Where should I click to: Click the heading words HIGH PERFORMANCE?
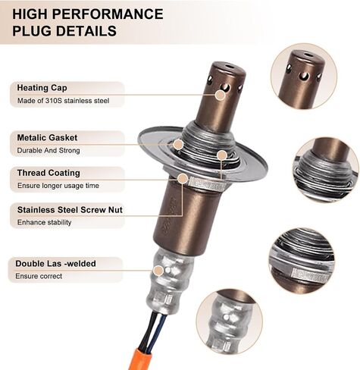click(x=88, y=14)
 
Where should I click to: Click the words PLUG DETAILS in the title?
click(x=64, y=31)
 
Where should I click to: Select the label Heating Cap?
click(x=42, y=88)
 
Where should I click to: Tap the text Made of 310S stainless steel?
click(x=63, y=101)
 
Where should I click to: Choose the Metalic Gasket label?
click(x=47, y=138)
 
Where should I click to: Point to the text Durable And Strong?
click(x=49, y=151)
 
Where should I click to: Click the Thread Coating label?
click(x=49, y=173)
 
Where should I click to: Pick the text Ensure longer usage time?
click(x=58, y=186)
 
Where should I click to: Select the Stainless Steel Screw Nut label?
click(x=70, y=210)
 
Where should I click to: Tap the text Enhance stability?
click(x=44, y=222)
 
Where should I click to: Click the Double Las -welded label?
click(x=55, y=264)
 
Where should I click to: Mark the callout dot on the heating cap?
click(x=221, y=96)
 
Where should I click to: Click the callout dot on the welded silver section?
click(x=158, y=270)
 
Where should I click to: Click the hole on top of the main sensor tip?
click(x=230, y=67)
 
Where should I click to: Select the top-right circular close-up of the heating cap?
click(x=304, y=76)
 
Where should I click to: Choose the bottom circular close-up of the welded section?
click(x=230, y=322)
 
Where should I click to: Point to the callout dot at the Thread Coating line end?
click(x=183, y=179)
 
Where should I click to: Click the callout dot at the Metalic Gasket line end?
click(x=178, y=144)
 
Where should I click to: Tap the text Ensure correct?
click(x=39, y=276)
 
